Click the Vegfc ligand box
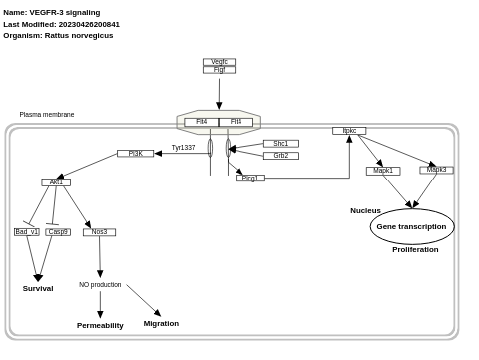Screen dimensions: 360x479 219,62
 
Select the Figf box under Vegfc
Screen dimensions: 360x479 219,70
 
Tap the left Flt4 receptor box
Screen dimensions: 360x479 202,122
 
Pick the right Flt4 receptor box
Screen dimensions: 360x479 236,122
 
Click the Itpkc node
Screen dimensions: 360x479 349,131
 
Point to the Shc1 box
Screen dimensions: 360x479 280,144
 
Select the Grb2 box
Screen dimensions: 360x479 280,156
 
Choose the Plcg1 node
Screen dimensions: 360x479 249,179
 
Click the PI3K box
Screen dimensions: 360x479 135,154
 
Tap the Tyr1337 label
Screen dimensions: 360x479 183,148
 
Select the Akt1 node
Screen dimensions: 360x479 56,182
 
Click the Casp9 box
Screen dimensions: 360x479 58,232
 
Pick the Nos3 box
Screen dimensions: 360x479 99,232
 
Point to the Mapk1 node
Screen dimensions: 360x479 383,171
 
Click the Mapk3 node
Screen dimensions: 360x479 436,170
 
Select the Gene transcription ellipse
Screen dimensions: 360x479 411,227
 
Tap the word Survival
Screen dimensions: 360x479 38,289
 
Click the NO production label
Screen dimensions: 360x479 100,285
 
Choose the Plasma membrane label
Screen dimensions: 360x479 47,115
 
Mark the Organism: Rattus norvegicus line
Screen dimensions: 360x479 58,36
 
